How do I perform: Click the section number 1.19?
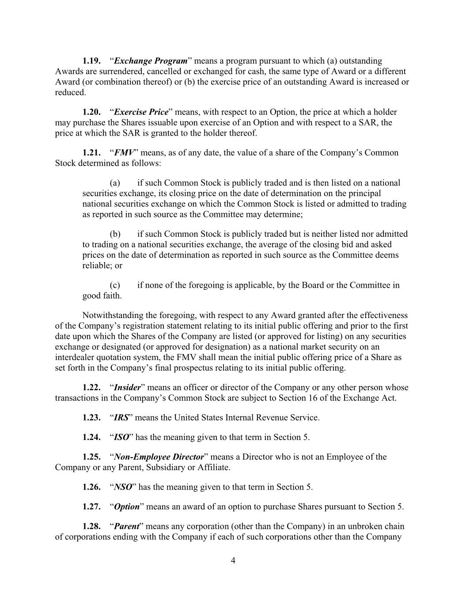pyautogui.click(x=91, y=61)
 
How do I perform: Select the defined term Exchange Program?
pyautogui.click(x=150, y=61)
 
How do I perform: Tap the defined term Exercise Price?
pyautogui.click(x=141, y=112)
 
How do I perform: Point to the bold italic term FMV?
pyautogui.click(x=124, y=153)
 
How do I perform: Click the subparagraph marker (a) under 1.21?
pyautogui.click(x=115, y=183)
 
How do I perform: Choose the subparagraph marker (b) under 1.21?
pyautogui.click(x=115, y=234)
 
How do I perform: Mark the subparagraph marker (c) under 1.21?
pyautogui.click(x=115, y=285)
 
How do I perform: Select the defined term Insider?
pyautogui.click(x=127, y=387)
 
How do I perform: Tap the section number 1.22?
pyautogui.click(x=91, y=387)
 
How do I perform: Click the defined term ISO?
pyautogui.click(x=121, y=437)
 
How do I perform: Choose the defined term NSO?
pyautogui.click(x=123, y=487)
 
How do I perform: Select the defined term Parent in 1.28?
pyautogui.click(x=127, y=527)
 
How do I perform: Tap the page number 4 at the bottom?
pyautogui.click(x=233, y=561)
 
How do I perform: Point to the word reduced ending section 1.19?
pyautogui.click(x=69, y=92)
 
